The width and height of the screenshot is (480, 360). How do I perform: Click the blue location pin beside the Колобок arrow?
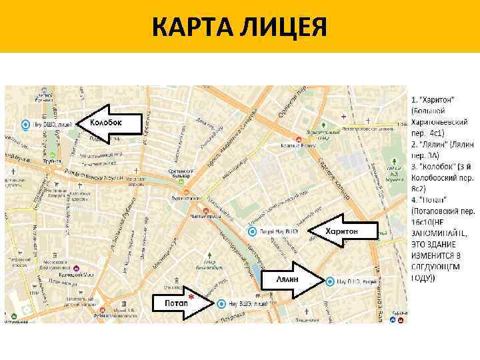(x=25, y=124)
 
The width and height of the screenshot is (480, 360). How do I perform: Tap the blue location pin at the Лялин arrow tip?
(x=329, y=281)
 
